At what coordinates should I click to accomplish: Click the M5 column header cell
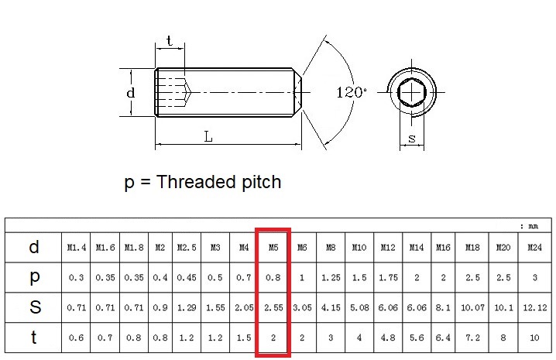pyautogui.click(x=273, y=248)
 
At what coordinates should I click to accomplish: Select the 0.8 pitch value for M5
pyautogui.click(x=273, y=277)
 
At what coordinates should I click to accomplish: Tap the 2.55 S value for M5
pyautogui.click(x=273, y=307)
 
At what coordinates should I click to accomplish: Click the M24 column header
pyautogui.click(x=534, y=248)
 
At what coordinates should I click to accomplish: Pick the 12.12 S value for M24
pyautogui.click(x=534, y=307)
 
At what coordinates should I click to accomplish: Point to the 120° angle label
pyautogui.click(x=352, y=92)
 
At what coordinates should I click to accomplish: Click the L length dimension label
pyautogui.click(x=208, y=136)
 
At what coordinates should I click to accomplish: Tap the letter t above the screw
pyautogui.click(x=170, y=41)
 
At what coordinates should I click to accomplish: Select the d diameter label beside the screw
pyautogui.click(x=131, y=93)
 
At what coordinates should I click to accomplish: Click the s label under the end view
pyautogui.click(x=411, y=139)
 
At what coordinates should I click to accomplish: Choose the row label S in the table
pyautogui.click(x=34, y=307)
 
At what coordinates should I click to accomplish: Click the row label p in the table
pyautogui.click(x=34, y=277)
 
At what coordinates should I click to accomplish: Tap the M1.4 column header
pyautogui.click(x=76, y=248)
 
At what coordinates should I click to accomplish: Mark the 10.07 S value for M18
pyautogui.click(x=472, y=307)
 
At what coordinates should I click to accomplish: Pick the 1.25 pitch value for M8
pyautogui.click(x=331, y=277)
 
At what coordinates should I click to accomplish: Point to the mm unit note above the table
pyautogui.click(x=533, y=226)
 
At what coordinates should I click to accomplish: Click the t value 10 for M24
pyautogui.click(x=534, y=338)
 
